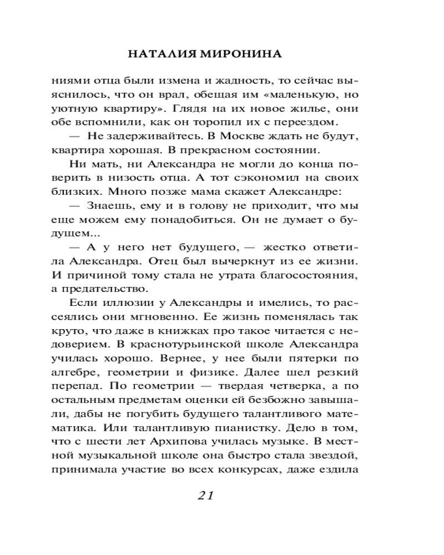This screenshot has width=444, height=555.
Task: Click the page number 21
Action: (205, 496)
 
